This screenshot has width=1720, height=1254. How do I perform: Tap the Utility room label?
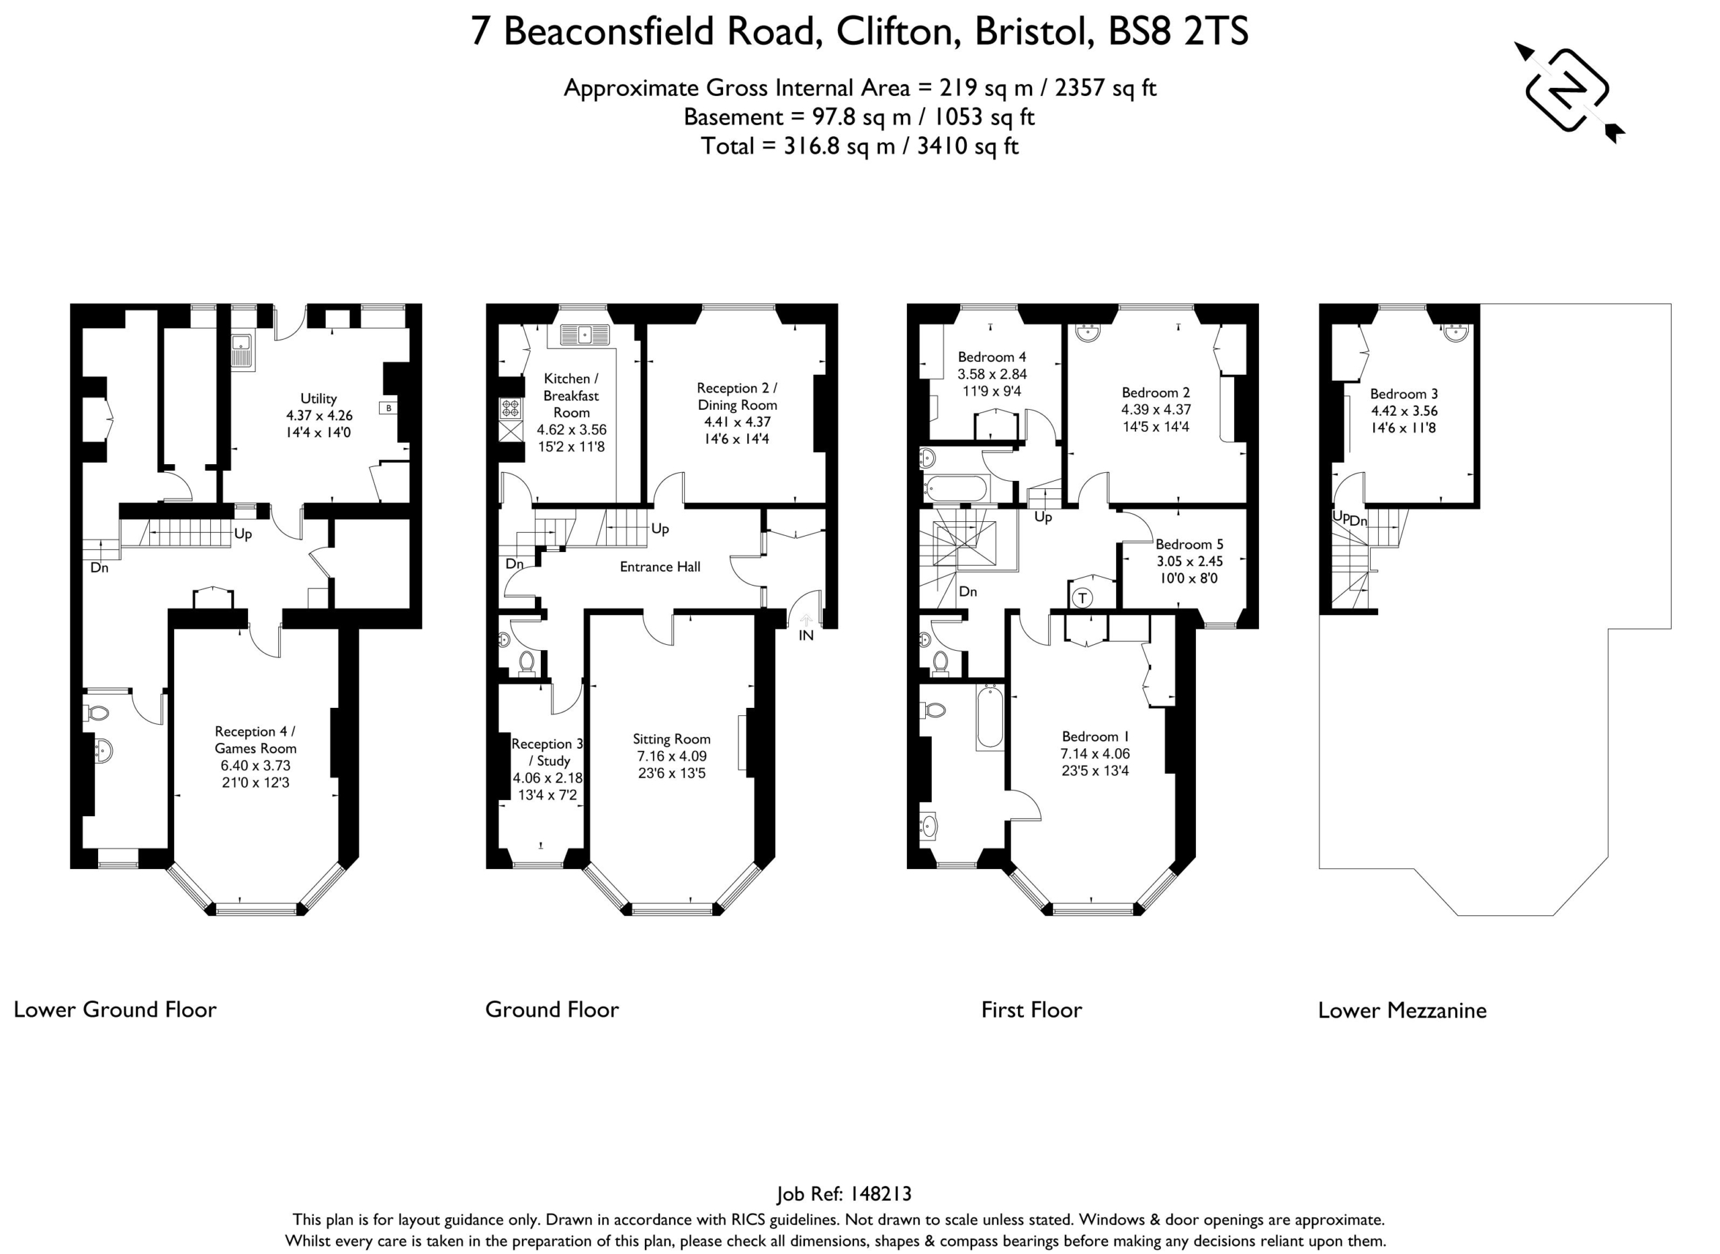(318, 398)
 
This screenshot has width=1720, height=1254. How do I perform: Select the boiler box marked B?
(388, 408)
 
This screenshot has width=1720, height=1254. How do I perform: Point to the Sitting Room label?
(671, 739)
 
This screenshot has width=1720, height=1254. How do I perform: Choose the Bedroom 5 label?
(1189, 544)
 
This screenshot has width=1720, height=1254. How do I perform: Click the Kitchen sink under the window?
(585, 333)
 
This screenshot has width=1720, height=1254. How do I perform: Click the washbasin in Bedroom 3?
(1456, 332)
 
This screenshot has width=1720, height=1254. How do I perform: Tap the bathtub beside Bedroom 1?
(990, 717)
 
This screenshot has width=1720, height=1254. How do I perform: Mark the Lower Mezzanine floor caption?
(1402, 1010)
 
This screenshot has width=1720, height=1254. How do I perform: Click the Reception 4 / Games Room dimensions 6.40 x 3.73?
(255, 766)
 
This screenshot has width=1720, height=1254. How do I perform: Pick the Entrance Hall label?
(660, 566)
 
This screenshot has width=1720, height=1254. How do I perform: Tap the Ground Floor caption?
(552, 1010)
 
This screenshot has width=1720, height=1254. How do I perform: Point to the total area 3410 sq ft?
(967, 146)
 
